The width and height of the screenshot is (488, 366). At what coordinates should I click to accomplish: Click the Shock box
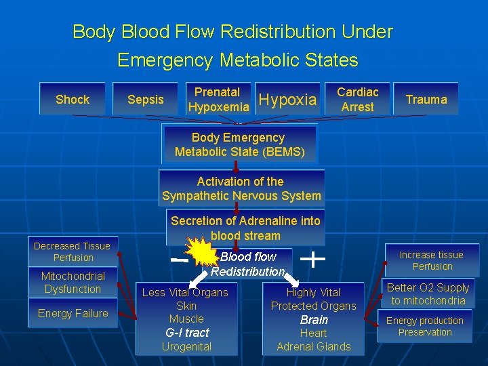click(x=73, y=100)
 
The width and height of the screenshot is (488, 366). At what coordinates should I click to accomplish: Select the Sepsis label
click(x=146, y=100)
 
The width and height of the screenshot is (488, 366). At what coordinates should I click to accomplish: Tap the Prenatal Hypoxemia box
click(x=218, y=100)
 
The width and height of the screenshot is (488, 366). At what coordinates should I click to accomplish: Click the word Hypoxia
click(x=288, y=100)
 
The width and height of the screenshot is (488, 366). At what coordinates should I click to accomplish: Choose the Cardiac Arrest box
click(x=358, y=100)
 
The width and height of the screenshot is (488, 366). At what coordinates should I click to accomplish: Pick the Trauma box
click(x=426, y=100)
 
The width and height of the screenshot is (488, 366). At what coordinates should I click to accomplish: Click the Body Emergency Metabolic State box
click(x=240, y=144)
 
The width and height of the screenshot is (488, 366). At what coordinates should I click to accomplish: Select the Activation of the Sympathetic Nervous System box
click(x=241, y=188)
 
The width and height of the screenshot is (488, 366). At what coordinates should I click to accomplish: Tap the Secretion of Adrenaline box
click(x=245, y=228)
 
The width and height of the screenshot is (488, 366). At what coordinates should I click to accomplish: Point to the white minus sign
click(x=180, y=260)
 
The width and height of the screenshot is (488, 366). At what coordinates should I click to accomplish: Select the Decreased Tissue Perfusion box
click(x=73, y=251)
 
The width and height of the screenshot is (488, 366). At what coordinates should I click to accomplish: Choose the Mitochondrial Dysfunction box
click(x=73, y=283)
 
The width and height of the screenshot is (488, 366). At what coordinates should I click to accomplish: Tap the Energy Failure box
click(x=73, y=313)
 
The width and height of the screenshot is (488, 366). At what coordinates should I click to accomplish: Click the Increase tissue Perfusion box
click(x=432, y=260)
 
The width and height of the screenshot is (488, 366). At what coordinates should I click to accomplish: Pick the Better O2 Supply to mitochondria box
click(x=428, y=294)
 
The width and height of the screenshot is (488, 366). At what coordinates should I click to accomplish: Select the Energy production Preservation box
click(x=425, y=327)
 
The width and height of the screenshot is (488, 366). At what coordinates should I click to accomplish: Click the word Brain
click(x=314, y=320)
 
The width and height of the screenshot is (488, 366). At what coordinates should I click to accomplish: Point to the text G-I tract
click(x=187, y=333)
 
